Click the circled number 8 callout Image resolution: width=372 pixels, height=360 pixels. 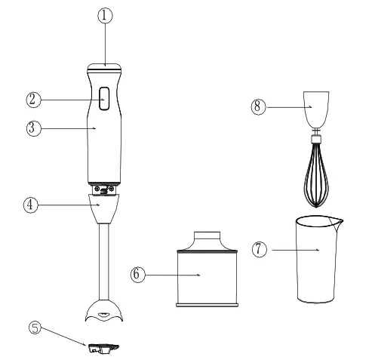click(259, 108)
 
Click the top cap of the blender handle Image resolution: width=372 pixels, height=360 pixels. click(106, 67)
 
